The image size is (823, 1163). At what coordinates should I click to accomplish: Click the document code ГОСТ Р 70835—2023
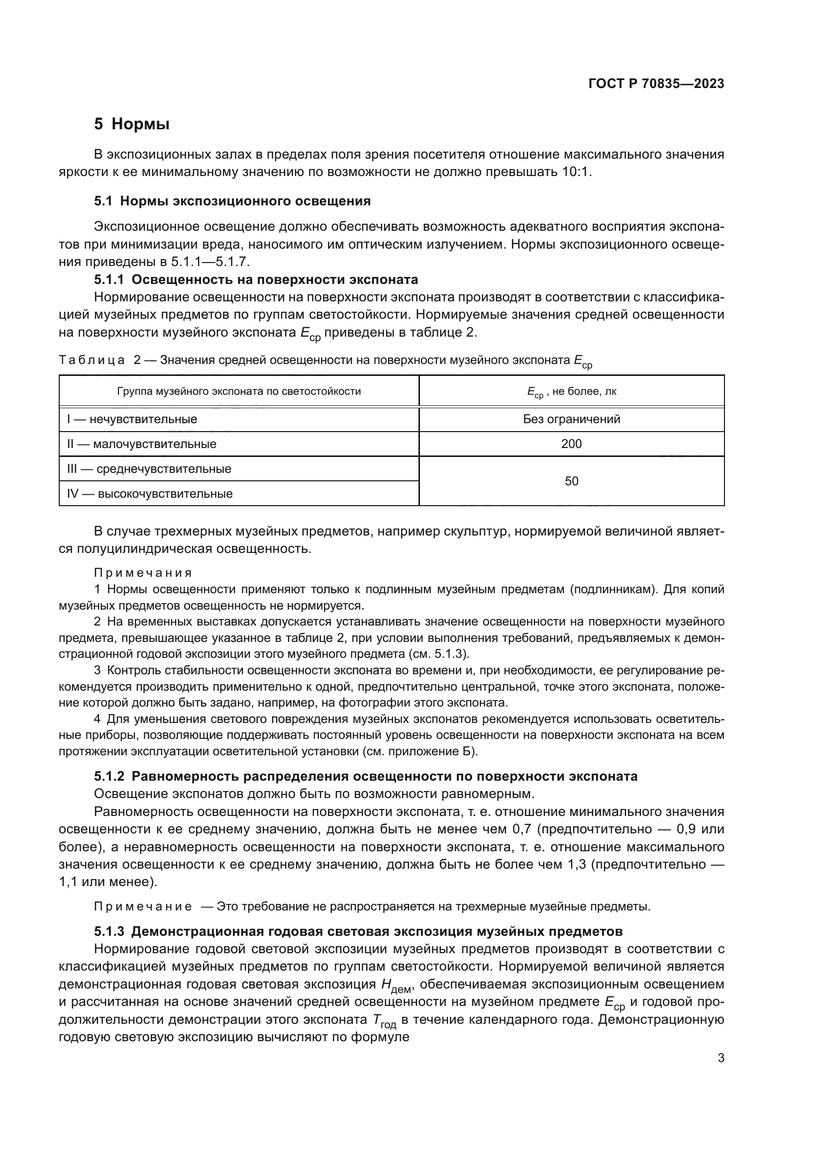pyautogui.click(x=656, y=84)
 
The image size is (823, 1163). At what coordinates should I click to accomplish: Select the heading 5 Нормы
pyautogui.click(x=132, y=124)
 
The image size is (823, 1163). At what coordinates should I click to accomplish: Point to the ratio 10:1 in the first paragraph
pyautogui.click(x=576, y=172)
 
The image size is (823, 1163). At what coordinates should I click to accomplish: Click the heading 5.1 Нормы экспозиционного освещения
pyautogui.click(x=232, y=201)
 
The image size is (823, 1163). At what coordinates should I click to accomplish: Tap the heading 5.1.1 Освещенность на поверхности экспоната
pyautogui.click(x=256, y=279)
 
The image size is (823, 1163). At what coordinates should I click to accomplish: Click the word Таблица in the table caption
pyautogui.click(x=92, y=360)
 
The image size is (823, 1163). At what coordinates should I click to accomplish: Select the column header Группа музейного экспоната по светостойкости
pyautogui.click(x=239, y=391)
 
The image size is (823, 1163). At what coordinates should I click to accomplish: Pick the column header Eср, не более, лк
pyautogui.click(x=571, y=391)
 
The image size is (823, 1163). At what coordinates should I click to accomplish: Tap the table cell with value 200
pyautogui.click(x=571, y=444)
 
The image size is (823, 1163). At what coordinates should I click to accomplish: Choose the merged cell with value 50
pyautogui.click(x=571, y=481)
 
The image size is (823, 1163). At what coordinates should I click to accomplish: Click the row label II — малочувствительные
pyautogui.click(x=142, y=444)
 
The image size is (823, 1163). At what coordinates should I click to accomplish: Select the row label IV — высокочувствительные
pyautogui.click(x=150, y=494)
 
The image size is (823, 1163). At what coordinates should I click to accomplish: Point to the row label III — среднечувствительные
pyautogui.click(x=149, y=469)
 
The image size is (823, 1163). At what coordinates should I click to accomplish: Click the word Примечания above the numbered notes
pyautogui.click(x=143, y=573)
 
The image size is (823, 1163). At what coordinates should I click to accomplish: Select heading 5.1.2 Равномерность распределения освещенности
pyautogui.click(x=365, y=777)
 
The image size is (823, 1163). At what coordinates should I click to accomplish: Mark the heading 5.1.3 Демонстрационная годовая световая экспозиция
pyautogui.click(x=358, y=931)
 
